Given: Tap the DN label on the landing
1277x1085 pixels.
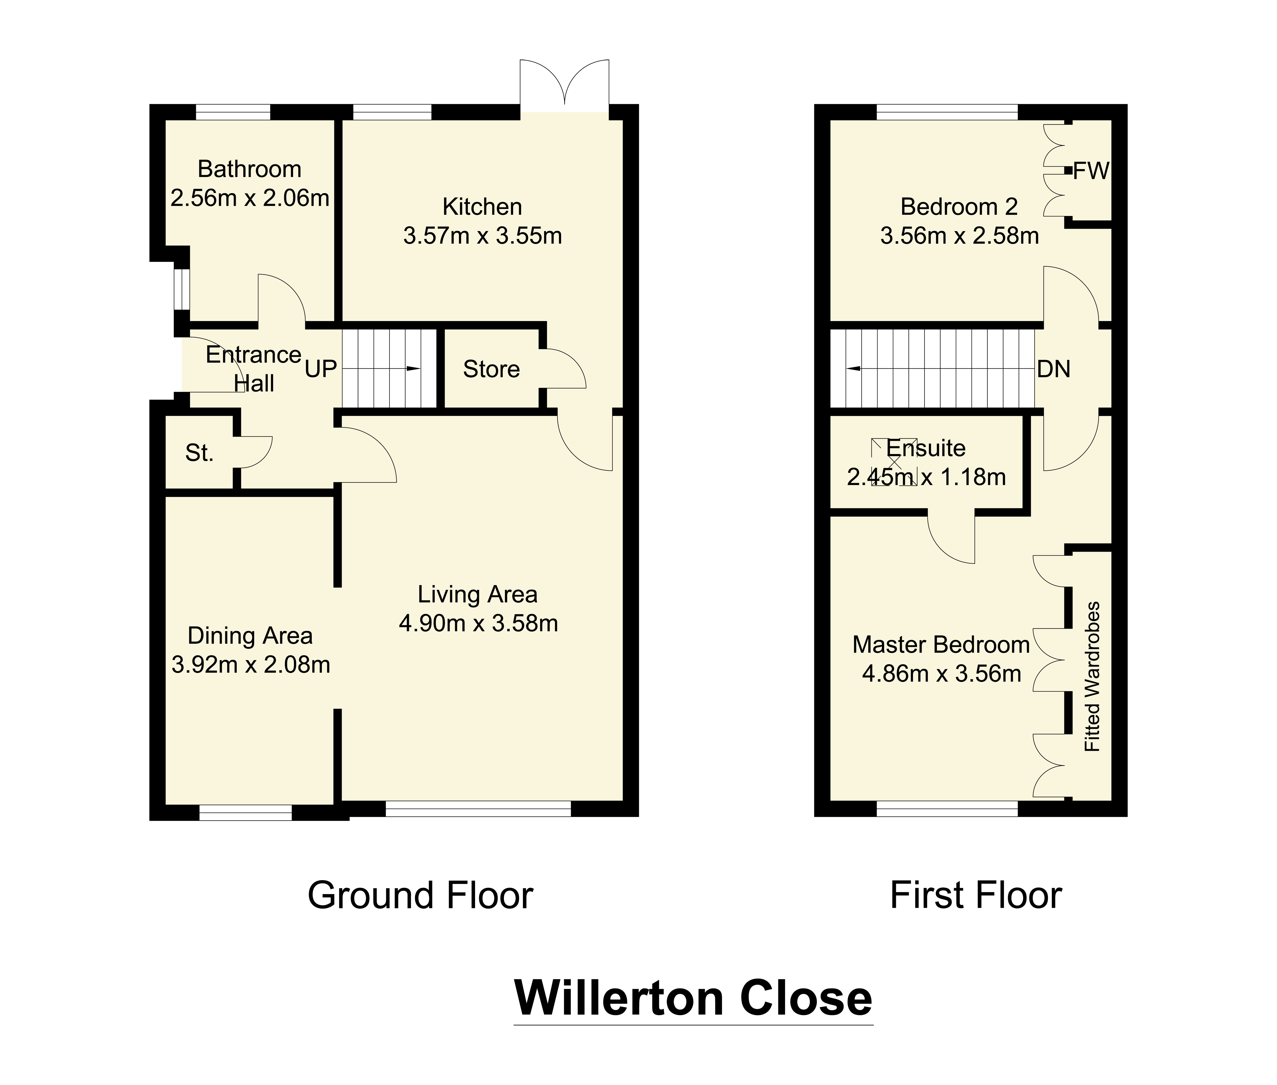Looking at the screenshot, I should [x=1054, y=369].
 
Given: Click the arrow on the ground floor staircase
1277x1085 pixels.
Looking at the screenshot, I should [x=412, y=369].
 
